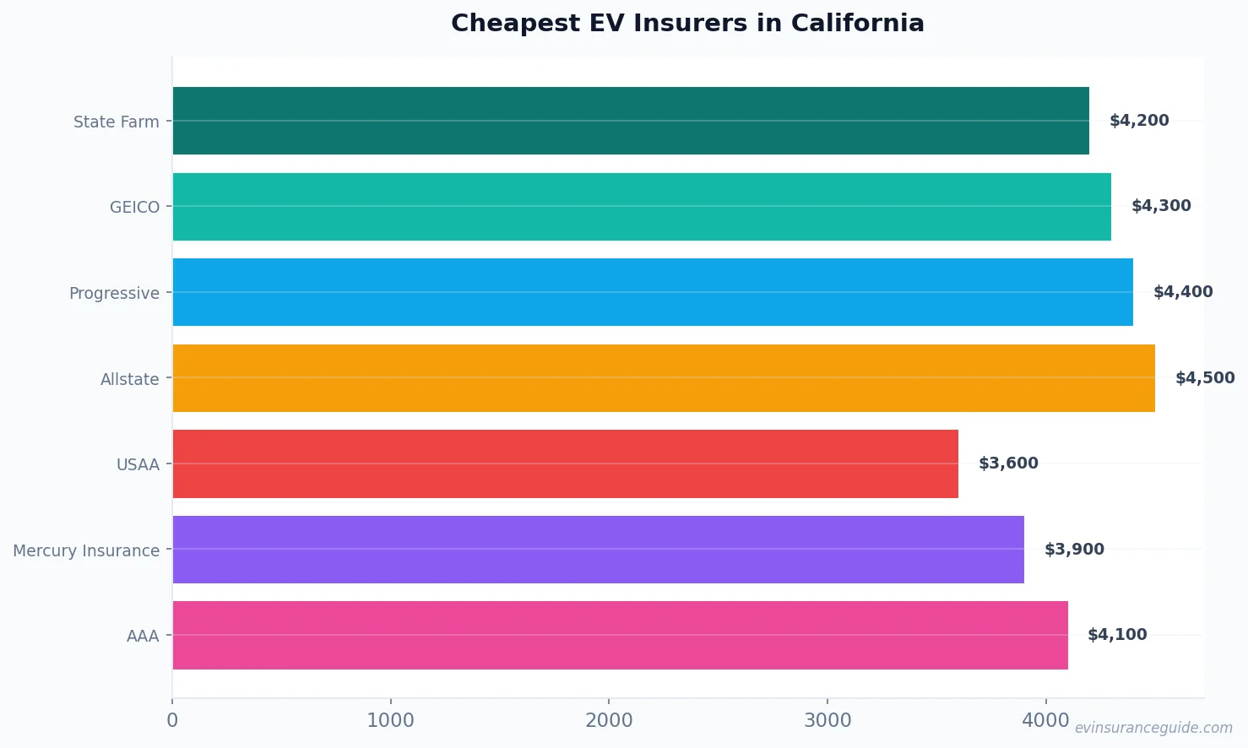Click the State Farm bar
631,121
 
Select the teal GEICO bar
642,207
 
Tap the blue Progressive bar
653,292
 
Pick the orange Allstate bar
664,378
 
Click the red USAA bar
566,463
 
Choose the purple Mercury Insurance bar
598,550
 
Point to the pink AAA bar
620,635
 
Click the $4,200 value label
1139,121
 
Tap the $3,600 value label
1008,463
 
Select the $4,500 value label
1205,378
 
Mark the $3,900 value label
1074,550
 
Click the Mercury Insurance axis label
86,550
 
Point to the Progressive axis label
114,293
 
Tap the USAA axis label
138,464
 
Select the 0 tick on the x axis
172,720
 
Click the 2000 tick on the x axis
609,720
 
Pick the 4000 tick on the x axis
1045,720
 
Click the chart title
687,23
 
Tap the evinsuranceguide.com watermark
1153,728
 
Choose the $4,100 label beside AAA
1117,635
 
